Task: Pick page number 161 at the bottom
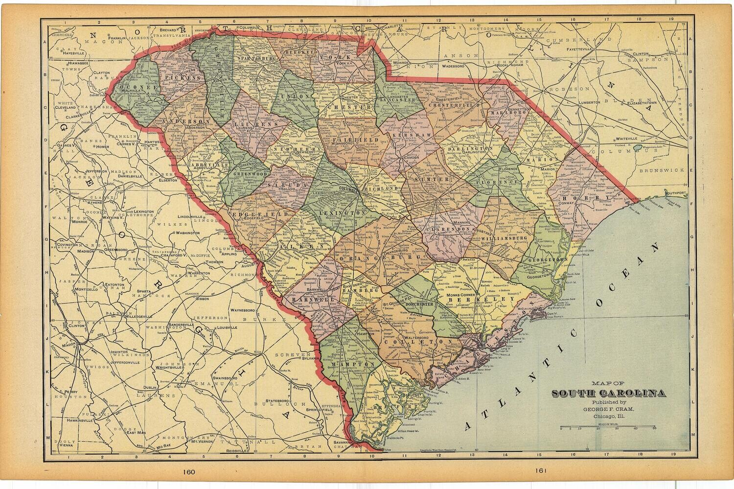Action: click(540, 472)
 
